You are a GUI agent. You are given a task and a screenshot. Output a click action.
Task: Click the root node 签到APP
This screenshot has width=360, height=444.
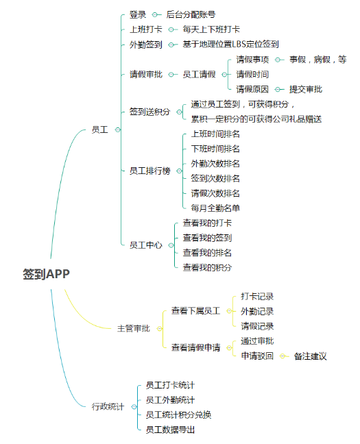tap(46, 274)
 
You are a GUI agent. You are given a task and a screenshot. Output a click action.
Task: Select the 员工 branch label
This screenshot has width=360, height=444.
tap(100, 129)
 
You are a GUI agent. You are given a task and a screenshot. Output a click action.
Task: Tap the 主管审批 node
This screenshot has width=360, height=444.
tap(134, 328)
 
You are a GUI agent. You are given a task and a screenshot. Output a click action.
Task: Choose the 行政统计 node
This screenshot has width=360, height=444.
tap(108, 406)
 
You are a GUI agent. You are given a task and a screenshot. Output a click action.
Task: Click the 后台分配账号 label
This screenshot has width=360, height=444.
tap(191, 14)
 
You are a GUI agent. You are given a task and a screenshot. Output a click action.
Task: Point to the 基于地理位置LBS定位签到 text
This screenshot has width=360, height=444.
tap(230, 44)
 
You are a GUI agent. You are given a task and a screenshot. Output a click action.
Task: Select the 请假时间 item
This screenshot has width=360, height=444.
tap(252, 74)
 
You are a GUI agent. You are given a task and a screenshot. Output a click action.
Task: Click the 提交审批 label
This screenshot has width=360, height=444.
tap(306, 89)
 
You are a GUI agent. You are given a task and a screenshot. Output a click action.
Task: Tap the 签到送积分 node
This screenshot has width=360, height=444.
tap(150, 112)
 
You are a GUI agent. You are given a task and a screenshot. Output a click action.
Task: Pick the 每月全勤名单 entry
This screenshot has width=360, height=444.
tap(215, 208)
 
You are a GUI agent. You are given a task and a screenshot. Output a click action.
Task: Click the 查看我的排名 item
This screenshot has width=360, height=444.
tap(207, 253)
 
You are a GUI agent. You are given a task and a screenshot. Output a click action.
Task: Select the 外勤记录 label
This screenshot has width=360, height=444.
tap(257, 311)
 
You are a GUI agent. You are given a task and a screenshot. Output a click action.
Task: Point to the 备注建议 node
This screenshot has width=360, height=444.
tap(311, 356)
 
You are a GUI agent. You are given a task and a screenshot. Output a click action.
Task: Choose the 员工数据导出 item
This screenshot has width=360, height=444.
tap(170, 430)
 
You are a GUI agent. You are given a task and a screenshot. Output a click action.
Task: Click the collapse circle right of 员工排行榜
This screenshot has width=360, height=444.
tap(179, 171)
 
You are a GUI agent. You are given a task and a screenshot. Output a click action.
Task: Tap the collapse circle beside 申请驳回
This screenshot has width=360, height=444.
tap(283, 356)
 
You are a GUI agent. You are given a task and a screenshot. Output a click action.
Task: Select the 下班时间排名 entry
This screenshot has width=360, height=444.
tap(215, 149)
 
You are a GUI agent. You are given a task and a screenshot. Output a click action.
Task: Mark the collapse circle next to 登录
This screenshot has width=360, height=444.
tap(155, 14)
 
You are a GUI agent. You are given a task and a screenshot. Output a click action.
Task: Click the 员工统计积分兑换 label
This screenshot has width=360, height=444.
tap(178, 415)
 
